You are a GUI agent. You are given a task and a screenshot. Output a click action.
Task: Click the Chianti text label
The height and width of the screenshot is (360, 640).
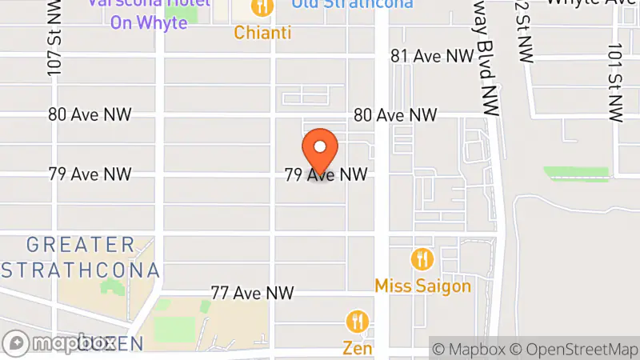pos(262,33)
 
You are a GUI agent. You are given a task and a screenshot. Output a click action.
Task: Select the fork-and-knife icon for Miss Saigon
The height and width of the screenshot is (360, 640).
pos(422,259)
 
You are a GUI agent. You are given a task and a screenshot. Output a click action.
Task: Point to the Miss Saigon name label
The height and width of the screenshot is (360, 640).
pos(422,286)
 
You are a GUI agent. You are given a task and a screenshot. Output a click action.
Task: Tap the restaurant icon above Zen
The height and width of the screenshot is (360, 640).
pos(358,322)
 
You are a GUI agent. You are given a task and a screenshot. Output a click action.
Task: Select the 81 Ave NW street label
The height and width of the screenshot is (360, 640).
pos(432,55)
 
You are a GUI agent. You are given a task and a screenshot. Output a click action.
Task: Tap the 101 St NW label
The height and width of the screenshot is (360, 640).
pos(614,84)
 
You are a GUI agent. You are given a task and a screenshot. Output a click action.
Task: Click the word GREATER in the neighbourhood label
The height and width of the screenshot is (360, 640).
pos(80,245)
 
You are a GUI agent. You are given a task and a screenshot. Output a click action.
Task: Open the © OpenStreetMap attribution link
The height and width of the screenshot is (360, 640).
pos(576,349)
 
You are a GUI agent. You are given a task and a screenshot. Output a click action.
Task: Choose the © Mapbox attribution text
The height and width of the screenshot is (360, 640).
pos(470,349)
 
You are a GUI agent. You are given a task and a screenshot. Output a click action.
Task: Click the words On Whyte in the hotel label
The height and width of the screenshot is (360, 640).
pos(150,22)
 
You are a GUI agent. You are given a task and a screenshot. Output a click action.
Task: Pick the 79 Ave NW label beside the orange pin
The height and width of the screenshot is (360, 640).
pos(326,174)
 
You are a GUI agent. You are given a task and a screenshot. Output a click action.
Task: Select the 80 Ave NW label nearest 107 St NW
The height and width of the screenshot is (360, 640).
pos(90,115)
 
